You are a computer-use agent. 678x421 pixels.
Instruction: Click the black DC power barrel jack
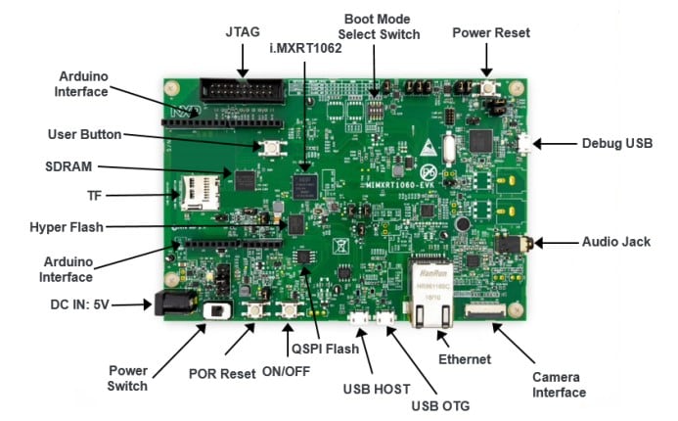[169, 304]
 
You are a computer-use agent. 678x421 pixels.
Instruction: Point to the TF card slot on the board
[197, 193]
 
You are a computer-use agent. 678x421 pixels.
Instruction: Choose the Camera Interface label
[559, 384]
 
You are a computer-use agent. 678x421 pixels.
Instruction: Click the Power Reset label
[490, 32]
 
